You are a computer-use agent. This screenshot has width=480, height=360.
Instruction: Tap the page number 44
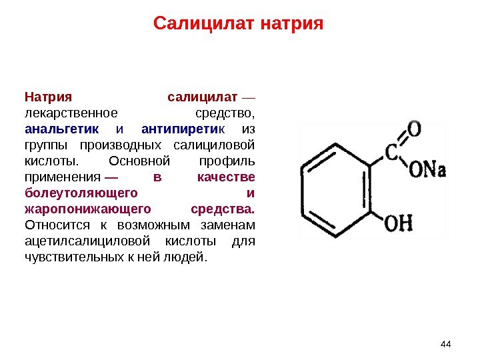point(446,343)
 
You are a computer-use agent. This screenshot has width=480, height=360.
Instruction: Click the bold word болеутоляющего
point(81,193)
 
